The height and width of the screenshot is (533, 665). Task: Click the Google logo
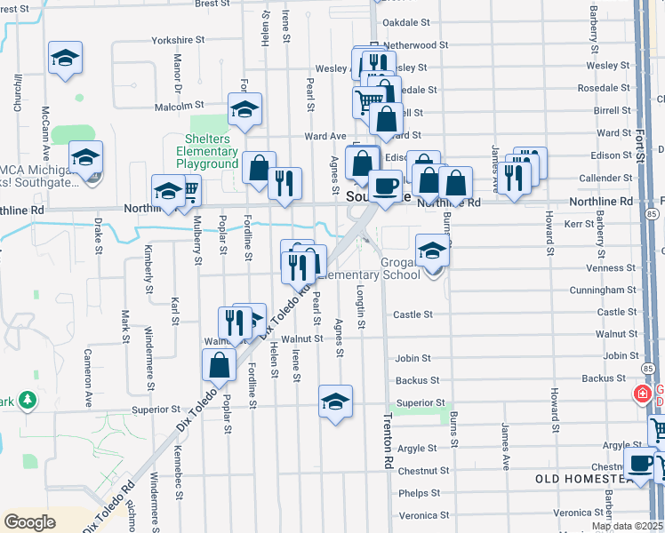pyautogui.click(x=30, y=521)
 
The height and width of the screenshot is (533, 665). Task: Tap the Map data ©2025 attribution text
pyautogui.click(x=628, y=526)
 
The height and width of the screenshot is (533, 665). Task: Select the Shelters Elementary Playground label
pyautogui.click(x=207, y=152)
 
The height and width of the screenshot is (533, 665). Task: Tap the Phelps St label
pyautogui.click(x=419, y=493)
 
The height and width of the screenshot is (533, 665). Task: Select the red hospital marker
pyautogui.click(x=640, y=394)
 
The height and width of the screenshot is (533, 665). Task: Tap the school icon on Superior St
pyautogui.click(x=335, y=402)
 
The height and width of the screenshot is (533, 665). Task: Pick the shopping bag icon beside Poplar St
pyautogui.click(x=219, y=365)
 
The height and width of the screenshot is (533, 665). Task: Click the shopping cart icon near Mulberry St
pyautogui.click(x=188, y=188)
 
